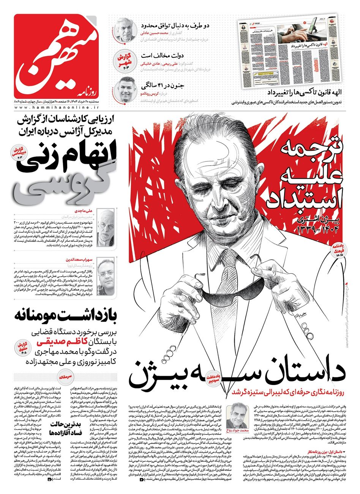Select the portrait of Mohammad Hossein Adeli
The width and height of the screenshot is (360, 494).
tap(126, 30)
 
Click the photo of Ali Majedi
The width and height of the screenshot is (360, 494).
tap(105, 228)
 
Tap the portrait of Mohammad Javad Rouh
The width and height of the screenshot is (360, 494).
tap(237, 418)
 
